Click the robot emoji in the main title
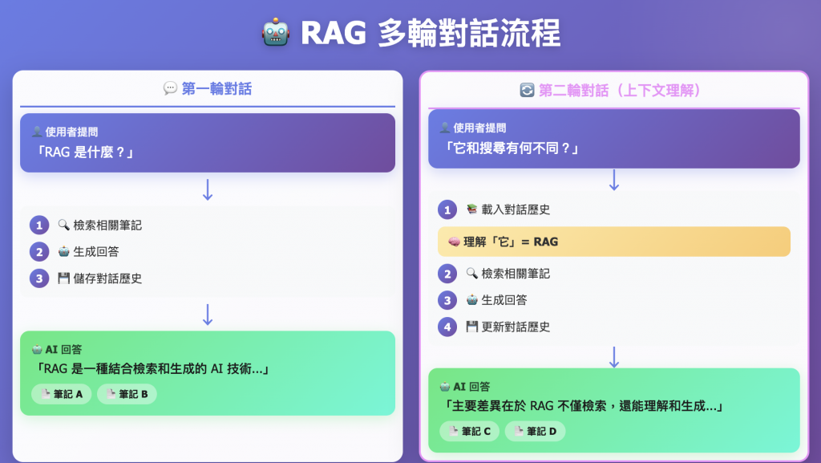pos(275,34)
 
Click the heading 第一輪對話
pos(216,89)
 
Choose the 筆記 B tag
pos(127,394)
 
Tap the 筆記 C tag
pos(469,431)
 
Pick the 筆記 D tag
pos(535,431)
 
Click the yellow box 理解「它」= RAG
pos(613,242)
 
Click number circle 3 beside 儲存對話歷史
pos(39,278)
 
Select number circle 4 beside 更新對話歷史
pos(447,327)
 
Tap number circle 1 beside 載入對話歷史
pos(447,210)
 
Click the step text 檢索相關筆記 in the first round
pos(107,225)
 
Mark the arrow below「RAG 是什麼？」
pos(208,189)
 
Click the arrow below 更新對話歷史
pos(614,356)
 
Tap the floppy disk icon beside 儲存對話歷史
pos(64,278)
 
